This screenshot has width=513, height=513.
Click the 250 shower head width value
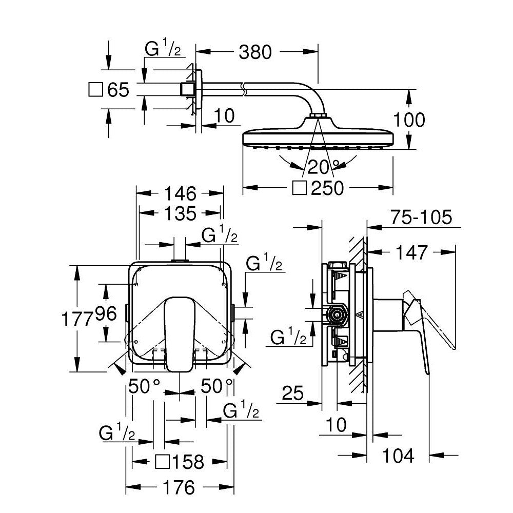click(x=327, y=188)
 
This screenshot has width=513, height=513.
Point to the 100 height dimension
click(x=409, y=120)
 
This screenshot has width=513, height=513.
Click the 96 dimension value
click(x=106, y=313)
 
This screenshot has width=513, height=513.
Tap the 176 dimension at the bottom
click(x=180, y=487)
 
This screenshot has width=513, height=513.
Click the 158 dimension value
click(x=188, y=462)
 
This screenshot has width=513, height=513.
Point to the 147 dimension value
click(x=411, y=252)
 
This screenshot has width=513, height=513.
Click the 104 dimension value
click(x=398, y=455)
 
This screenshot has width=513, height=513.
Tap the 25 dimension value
click(x=292, y=393)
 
